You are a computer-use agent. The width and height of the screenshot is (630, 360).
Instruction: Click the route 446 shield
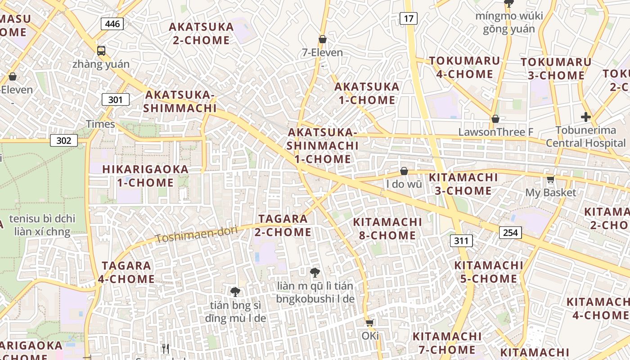[112, 23]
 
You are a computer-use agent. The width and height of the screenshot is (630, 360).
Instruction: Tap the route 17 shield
[408, 18]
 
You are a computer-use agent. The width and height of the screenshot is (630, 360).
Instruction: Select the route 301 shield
[115, 99]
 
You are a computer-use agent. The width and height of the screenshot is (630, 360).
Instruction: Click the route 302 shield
[64, 140]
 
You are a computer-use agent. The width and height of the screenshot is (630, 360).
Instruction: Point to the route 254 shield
[510, 232]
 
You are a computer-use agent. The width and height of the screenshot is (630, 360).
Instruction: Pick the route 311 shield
[461, 240]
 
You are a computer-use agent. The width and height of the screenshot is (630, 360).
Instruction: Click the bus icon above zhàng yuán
[101, 50]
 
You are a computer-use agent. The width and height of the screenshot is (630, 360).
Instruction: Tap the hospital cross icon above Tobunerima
[585, 117]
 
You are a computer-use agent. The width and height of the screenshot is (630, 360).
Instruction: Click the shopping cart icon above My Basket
[550, 180]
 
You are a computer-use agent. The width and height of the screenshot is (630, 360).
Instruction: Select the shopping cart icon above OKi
[370, 322]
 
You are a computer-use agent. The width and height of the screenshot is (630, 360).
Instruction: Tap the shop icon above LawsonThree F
[495, 119]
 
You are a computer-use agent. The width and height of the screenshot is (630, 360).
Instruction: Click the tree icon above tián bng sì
[235, 292]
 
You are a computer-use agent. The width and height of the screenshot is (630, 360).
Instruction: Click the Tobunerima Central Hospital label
[585, 137]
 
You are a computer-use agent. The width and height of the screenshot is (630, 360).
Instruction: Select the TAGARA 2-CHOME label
[283, 225]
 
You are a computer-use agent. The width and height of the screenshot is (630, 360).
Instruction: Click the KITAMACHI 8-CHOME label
[387, 229]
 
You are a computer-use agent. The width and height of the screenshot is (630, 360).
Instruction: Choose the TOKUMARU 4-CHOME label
[464, 67]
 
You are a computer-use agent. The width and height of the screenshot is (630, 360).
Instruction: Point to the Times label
[100, 124]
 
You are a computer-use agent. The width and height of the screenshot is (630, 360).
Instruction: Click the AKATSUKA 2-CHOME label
[201, 33]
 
